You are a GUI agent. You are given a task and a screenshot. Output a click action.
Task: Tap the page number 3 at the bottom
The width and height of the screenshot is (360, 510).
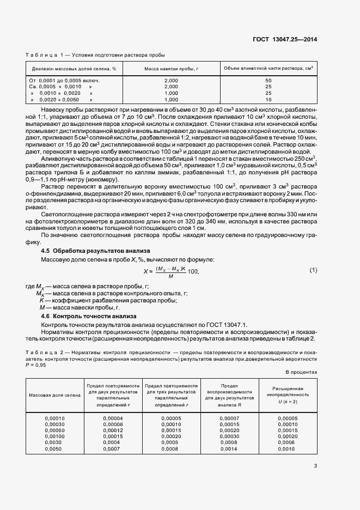point(315,465)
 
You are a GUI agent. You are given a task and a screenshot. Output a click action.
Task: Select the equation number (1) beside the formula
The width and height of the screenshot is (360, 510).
point(313,271)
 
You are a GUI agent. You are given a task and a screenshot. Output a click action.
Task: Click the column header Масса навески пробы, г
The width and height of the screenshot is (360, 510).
point(170,69)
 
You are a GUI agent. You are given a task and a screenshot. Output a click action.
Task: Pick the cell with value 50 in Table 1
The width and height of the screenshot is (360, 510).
point(268,81)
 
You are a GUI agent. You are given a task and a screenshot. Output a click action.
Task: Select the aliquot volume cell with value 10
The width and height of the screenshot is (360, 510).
point(268,100)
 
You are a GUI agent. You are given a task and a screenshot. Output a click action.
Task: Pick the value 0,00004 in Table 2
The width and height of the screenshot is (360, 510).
point(113,418)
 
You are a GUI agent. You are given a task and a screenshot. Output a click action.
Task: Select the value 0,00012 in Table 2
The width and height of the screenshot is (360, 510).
point(113,430)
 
